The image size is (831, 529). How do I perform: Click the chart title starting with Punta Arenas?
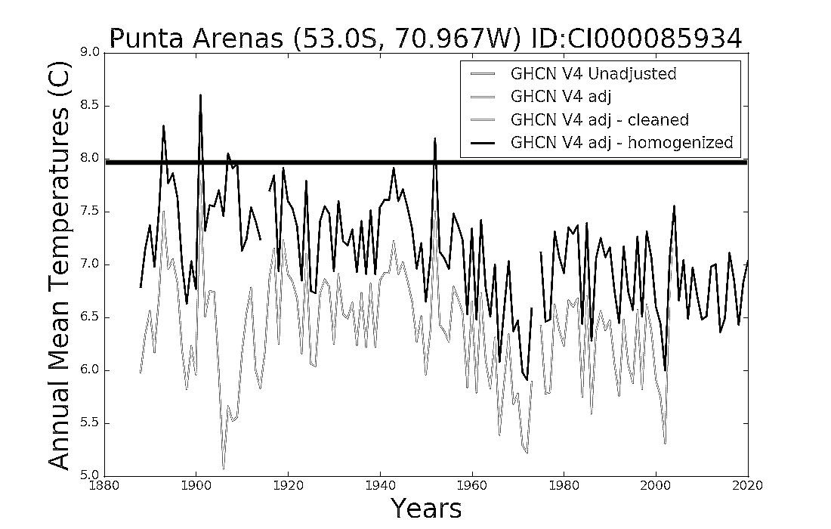pos(425,39)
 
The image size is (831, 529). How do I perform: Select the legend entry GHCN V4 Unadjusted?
pos(594,73)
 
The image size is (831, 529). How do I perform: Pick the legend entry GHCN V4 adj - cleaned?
pos(599,120)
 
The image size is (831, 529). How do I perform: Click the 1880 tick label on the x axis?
pos(104,485)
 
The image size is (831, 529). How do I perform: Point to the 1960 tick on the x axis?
pos(472,485)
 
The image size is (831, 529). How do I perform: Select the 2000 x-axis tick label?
pos(656,485)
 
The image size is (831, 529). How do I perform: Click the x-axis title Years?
pos(427,508)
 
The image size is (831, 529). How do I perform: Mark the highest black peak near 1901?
pos(200,95)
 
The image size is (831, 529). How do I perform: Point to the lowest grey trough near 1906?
pos(223,468)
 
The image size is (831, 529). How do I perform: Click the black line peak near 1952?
pos(434,139)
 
